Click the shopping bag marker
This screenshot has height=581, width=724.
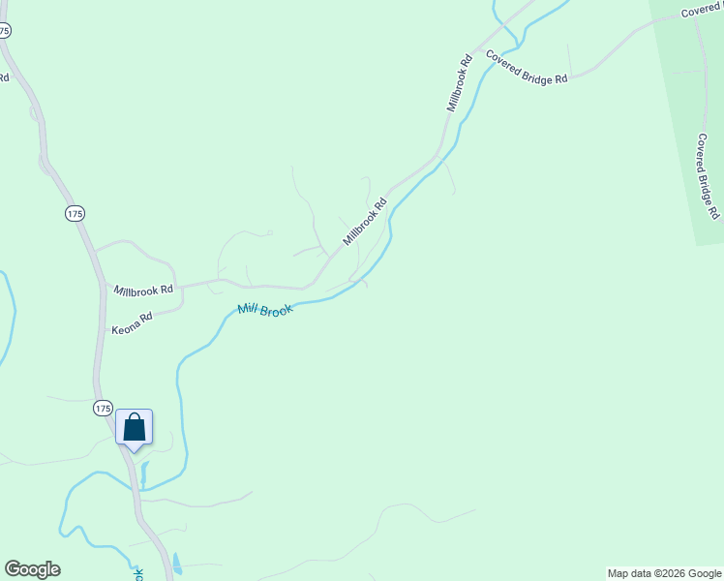pyautogui.click(x=134, y=428)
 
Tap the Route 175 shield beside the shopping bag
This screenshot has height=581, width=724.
pyautogui.click(x=104, y=408)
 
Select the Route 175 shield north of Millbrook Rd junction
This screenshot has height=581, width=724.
pyautogui.click(x=75, y=213)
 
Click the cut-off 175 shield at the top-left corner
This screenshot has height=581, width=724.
pyautogui.click(x=5, y=31)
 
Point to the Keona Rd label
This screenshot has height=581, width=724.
pyautogui.click(x=133, y=321)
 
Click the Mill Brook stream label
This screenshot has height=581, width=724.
pyautogui.click(x=264, y=310)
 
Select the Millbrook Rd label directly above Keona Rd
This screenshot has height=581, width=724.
pyautogui.click(x=143, y=290)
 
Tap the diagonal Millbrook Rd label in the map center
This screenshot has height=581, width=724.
pyautogui.click(x=365, y=222)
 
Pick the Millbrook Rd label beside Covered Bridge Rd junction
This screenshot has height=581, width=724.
pyautogui.click(x=459, y=82)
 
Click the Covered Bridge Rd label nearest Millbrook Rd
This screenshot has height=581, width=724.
pyautogui.click(x=527, y=68)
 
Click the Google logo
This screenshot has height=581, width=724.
pyautogui.click(x=32, y=569)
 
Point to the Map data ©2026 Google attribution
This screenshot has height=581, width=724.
pyautogui.click(x=664, y=573)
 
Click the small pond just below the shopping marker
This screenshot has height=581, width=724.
pyautogui.click(x=144, y=474)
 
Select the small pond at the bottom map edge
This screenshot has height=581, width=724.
pyautogui.click(x=176, y=564)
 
